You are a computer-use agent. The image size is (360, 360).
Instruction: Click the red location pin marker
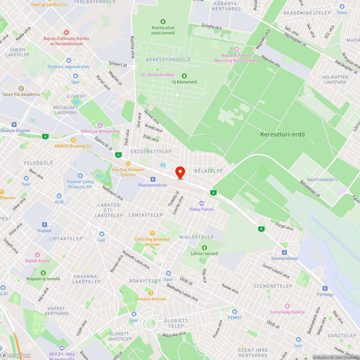pos(180,172)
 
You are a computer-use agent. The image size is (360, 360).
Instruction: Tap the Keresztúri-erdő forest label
pos(283,135)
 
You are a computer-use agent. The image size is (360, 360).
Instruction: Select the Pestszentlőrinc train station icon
pos(153,179)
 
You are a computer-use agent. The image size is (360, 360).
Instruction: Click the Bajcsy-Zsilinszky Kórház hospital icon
pos(66,32)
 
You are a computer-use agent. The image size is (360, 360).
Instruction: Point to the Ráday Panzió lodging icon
pos(202,203)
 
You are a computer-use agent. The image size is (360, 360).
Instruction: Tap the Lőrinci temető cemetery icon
pos(204,247)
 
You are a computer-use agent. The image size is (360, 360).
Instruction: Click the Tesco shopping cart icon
pos(342,6)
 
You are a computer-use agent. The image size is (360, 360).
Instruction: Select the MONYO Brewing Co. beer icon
pos(73,140)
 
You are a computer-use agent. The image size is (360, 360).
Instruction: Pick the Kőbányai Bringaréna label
pos(100,131)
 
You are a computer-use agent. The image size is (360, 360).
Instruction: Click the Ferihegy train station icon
pos(325,288)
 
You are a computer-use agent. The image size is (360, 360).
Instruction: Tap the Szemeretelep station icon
pos(284,252)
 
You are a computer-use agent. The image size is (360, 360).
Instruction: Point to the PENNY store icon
pos(235,311)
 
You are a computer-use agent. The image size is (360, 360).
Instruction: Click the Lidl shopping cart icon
pos(102,234)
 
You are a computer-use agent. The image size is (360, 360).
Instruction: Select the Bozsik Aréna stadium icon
pos(37,255)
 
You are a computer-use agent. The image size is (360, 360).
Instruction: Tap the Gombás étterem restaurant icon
pos(151,293)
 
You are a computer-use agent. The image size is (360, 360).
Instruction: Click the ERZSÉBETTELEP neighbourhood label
pos(151,152)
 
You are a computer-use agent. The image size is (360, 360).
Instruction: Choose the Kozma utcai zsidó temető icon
pos(163,22)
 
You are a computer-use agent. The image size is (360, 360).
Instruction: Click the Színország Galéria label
pos(287,312)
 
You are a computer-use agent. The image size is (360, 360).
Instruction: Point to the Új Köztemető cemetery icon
pos(184,76)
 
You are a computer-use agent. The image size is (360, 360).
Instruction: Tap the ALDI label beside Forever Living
pos(59,202)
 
